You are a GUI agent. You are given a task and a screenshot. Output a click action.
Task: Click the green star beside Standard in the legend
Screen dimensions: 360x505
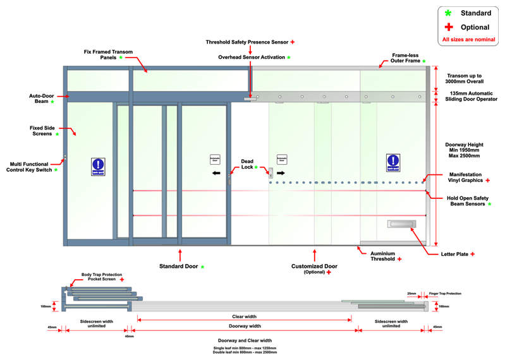[448, 13]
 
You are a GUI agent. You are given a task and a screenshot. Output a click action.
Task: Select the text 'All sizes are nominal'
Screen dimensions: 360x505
[468, 40]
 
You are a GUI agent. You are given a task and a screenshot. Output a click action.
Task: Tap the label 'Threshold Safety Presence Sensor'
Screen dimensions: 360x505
[246, 42]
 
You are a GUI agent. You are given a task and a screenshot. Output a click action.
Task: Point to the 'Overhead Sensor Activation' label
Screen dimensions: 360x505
[251, 57]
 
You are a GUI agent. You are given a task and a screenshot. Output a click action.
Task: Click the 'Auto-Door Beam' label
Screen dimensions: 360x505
[39, 99]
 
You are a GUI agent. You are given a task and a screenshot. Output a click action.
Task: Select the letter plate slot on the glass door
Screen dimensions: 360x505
[402, 224]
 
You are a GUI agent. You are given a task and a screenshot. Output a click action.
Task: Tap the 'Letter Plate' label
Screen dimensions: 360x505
[454, 254]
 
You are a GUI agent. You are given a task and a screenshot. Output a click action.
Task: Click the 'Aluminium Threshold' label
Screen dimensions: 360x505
[382, 256]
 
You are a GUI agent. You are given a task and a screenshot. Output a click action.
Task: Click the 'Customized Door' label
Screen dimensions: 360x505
[313, 267]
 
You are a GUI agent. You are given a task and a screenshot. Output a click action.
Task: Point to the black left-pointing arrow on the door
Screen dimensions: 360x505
[216, 172]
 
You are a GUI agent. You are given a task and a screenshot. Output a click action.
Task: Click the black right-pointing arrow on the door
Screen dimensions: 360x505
[281, 172]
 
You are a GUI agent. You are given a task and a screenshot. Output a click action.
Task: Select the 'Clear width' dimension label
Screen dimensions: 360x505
[245, 316]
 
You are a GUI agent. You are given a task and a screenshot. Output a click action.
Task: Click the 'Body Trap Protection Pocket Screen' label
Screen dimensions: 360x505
[99, 277]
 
